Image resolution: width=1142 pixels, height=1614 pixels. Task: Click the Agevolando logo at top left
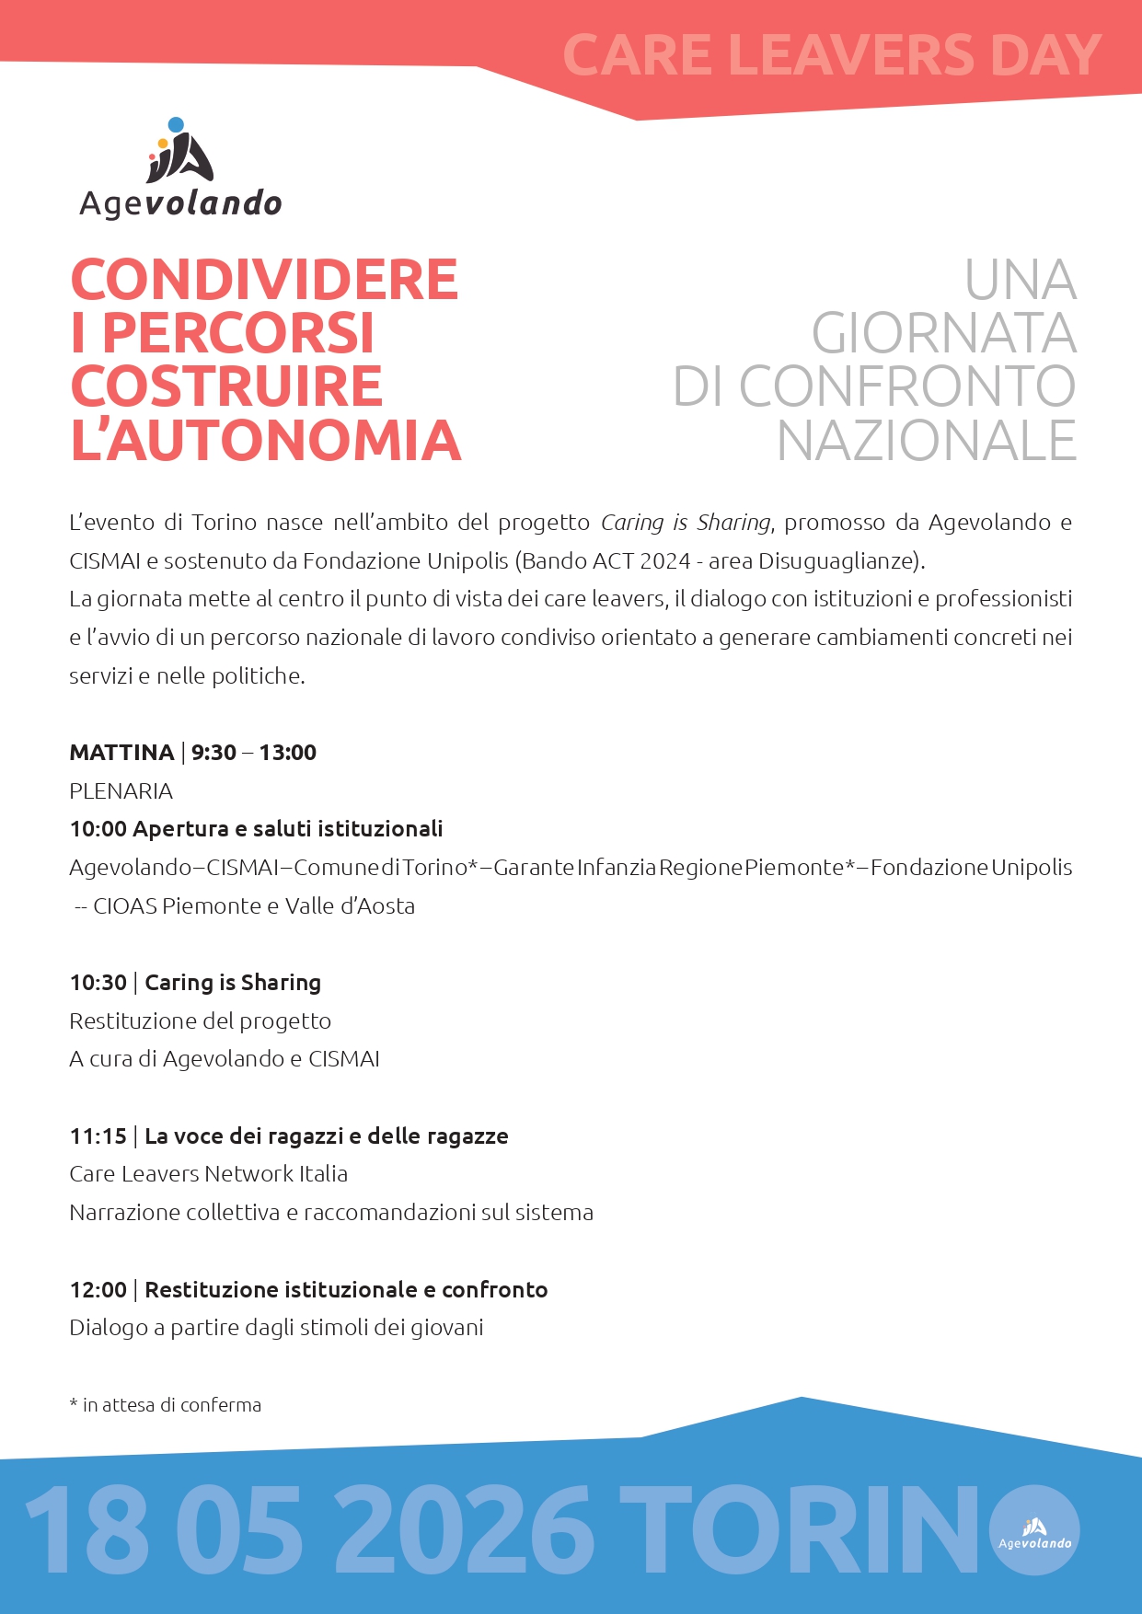pos(180,168)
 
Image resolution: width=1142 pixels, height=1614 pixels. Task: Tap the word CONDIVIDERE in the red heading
pos(264,280)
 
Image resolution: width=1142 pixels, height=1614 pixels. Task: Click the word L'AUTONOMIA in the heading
pos(266,441)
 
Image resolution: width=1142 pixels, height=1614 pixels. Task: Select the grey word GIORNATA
pos(943,333)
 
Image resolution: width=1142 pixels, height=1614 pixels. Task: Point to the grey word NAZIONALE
pos(926,441)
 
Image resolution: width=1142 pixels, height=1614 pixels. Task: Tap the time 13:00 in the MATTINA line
pos(287,753)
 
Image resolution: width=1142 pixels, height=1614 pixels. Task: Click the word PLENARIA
pos(121,791)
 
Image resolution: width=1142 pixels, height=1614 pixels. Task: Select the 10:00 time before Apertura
pos(98,829)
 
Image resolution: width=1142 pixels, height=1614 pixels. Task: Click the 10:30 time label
pos(98,983)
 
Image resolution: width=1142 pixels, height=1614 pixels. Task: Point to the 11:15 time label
pos(98,1136)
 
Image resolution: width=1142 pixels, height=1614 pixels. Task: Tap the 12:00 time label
pos(98,1290)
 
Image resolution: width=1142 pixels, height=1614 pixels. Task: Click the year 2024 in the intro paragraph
pos(665,561)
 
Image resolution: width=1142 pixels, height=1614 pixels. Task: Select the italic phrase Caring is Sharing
pos(686,523)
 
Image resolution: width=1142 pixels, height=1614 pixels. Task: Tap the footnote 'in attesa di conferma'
pos(171,1405)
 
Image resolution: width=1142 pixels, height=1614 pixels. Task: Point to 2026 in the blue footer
pos(464,1529)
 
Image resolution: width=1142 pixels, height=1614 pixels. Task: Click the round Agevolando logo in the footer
pos(1034,1530)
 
